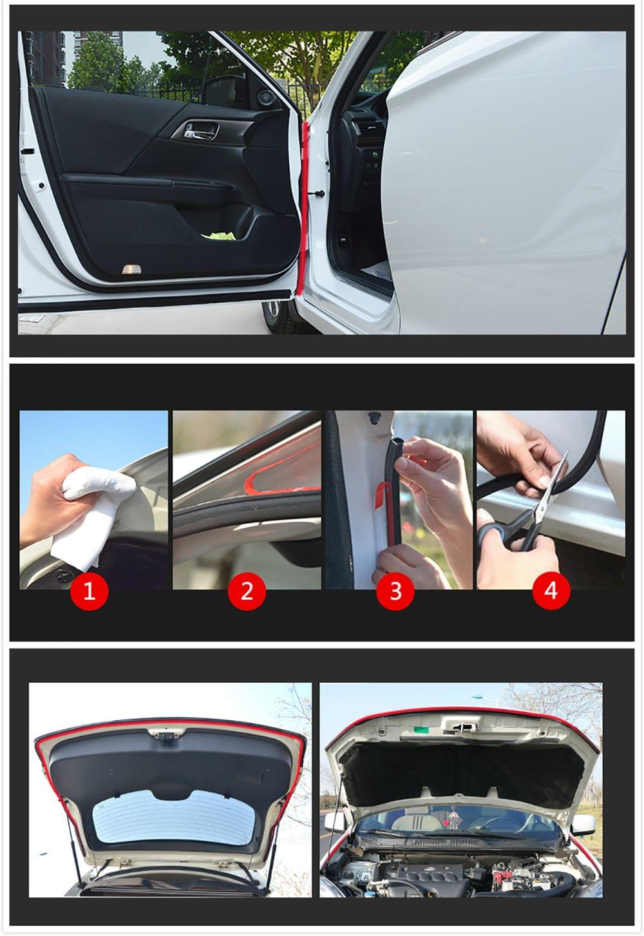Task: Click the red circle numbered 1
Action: (90, 590)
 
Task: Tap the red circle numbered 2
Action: (247, 590)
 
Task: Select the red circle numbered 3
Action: (395, 590)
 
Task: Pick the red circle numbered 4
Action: (551, 590)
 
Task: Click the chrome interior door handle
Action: (200, 131)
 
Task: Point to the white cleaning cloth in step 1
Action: (90, 509)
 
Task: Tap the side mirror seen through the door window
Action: (222, 91)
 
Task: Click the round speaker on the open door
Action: (265, 99)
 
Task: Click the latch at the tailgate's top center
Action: (167, 734)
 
